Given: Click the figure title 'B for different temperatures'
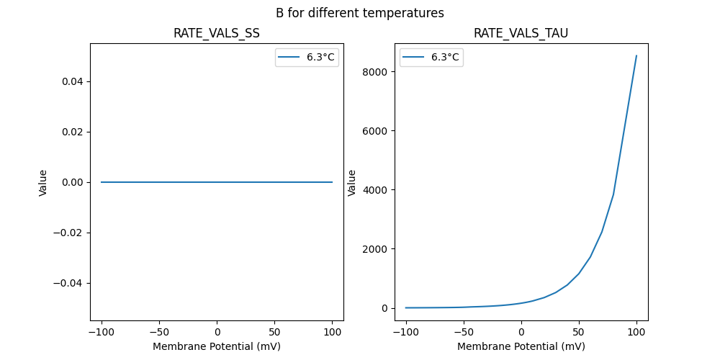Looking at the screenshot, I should tap(359, 13).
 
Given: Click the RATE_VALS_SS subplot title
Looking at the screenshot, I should tap(216, 33).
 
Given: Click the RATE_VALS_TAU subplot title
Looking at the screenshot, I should tap(521, 33).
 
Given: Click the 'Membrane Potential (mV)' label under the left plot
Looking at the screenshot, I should tap(216, 346).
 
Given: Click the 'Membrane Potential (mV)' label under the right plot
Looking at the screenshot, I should tap(521, 346).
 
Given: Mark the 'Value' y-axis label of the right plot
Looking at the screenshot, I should tap(352, 182).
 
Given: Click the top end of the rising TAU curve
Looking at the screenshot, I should tap(636, 55).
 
